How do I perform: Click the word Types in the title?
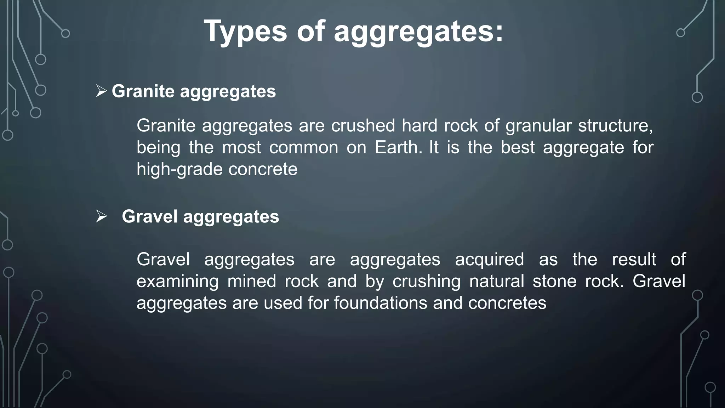(x=245, y=32)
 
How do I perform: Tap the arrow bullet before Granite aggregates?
(x=101, y=91)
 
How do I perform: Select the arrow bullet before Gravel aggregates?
(x=101, y=216)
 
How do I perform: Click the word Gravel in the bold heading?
(x=149, y=216)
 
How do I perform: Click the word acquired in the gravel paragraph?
(x=489, y=259)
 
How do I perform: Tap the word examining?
(x=177, y=282)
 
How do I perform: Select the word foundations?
(x=381, y=303)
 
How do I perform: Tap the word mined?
(x=252, y=282)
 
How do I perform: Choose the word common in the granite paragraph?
(x=303, y=147)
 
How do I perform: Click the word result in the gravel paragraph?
(x=634, y=259)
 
